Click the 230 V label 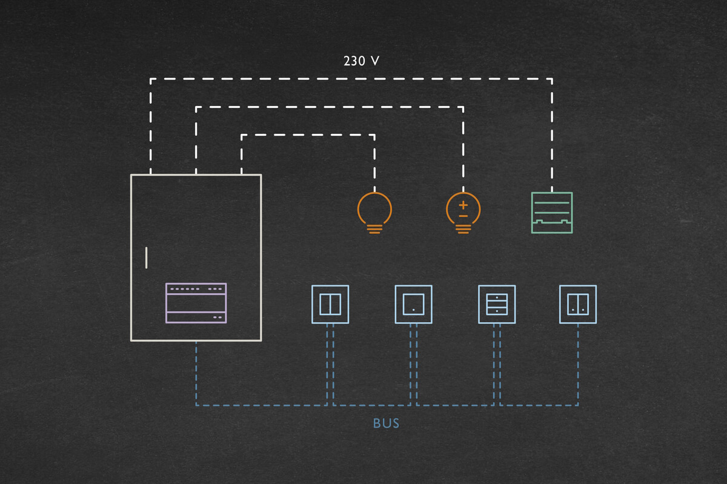click(x=361, y=61)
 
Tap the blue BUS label click(x=386, y=423)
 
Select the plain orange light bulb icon click(x=374, y=210)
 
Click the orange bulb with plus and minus click(x=463, y=210)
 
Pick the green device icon click(x=551, y=213)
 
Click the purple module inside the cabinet click(x=196, y=302)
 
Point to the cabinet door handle click(x=146, y=257)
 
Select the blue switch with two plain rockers click(x=330, y=304)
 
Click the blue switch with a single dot click(x=413, y=304)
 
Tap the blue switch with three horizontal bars click(x=496, y=304)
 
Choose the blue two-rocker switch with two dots click(x=577, y=304)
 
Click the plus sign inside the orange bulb click(x=463, y=205)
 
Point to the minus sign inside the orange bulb click(x=463, y=216)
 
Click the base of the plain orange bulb click(x=374, y=228)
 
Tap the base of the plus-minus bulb click(x=463, y=228)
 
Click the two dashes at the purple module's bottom click(x=217, y=317)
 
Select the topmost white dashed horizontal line click(x=351, y=78)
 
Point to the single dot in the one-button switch click(x=413, y=310)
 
